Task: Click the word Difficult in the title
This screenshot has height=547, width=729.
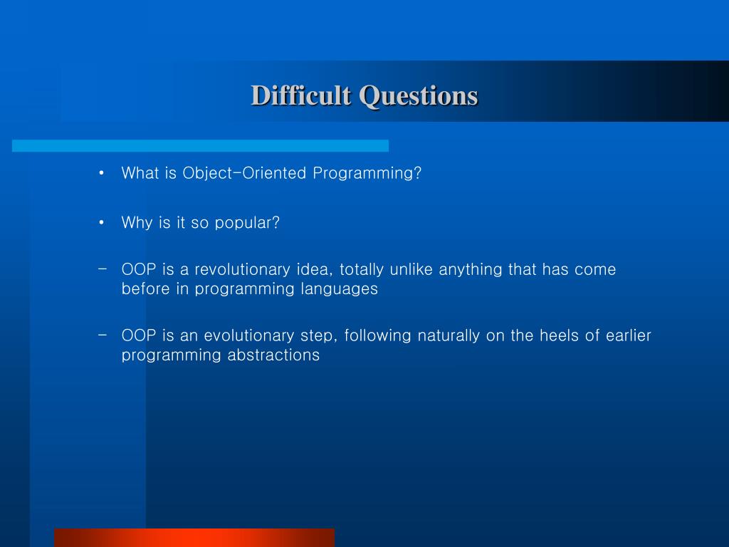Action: pyautogui.click(x=301, y=96)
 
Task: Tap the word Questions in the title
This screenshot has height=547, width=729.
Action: pyautogui.click(x=419, y=97)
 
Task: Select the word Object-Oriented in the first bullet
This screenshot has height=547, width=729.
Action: pyautogui.click(x=245, y=173)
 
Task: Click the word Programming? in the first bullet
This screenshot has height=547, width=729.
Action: pyautogui.click(x=367, y=174)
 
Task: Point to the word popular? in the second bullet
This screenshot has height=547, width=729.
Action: pyautogui.click(x=247, y=223)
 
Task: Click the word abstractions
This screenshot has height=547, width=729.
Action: pyautogui.click(x=273, y=355)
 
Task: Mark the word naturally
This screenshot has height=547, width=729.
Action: pyautogui.click(x=449, y=336)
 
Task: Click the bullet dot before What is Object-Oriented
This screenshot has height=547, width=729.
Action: pyautogui.click(x=101, y=174)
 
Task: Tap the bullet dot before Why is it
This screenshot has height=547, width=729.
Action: pyautogui.click(x=101, y=223)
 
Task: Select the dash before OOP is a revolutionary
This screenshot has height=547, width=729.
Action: pyautogui.click(x=103, y=269)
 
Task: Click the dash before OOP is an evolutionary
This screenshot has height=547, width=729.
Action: pyautogui.click(x=103, y=335)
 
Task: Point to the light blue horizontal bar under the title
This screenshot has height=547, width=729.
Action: pyautogui.click(x=200, y=145)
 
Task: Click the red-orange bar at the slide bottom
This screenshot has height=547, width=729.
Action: pyautogui.click(x=194, y=538)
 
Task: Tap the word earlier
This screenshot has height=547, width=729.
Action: pyautogui.click(x=628, y=335)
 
